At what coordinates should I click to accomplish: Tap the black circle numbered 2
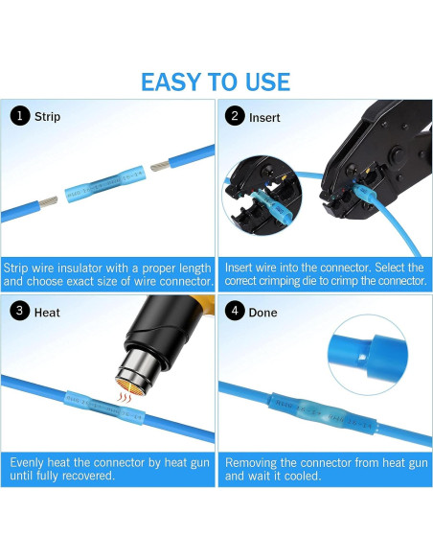click(x=233, y=117)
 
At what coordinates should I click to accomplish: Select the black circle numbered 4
click(x=233, y=312)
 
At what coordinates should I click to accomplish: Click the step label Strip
click(x=47, y=117)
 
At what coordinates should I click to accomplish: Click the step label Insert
click(x=264, y=117)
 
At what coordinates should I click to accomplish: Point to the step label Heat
click(x=47, y=312)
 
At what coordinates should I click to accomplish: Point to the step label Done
click(x=264, y=312)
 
